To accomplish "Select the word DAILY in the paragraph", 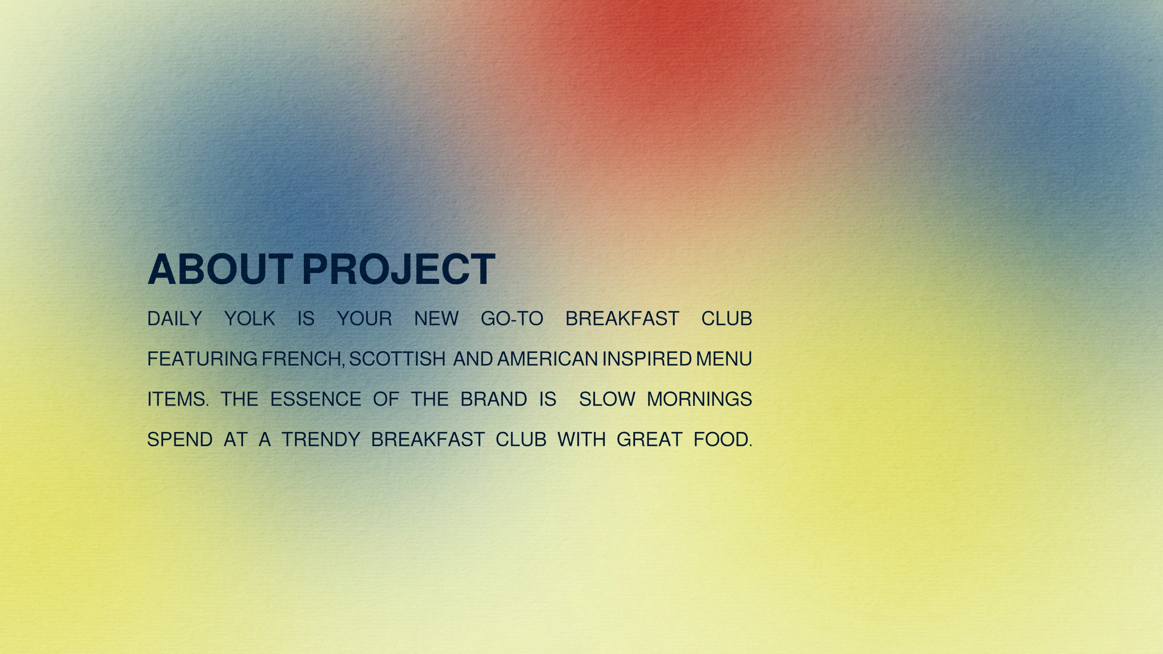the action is click(x=175, y=319).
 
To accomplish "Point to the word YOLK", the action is click(x=250, y=319).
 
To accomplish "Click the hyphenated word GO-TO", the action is click(x=512, y=319).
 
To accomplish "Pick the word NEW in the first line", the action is click(x=436, y=319).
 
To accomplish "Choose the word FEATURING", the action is click(x=202, y=359).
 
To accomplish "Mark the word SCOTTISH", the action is click(x=397, y=359).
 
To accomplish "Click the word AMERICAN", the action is click(x=547, y=359).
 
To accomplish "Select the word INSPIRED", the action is click(x=647, y=359).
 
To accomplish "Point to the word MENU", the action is click(x=724, y=359).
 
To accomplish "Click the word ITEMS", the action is click(x=178, y=400).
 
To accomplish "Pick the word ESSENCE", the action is click(x=316, y=400).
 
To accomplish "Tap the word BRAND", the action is click(x=494, y=400).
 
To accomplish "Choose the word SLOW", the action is click(x=607, y=400).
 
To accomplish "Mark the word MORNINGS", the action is click(x=700, y=400).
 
